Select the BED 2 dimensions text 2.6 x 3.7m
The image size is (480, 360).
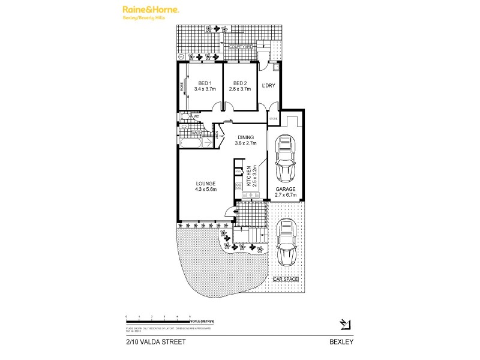239,89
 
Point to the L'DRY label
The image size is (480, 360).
268,86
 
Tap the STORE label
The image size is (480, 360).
274,118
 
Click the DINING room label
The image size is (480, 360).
246,137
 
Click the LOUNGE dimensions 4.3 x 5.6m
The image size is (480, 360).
205,190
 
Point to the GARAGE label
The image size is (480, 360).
286,188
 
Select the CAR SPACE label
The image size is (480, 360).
286,280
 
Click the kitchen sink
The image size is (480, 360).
250,193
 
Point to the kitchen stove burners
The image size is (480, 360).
238,186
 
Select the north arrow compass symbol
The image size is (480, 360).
344,325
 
